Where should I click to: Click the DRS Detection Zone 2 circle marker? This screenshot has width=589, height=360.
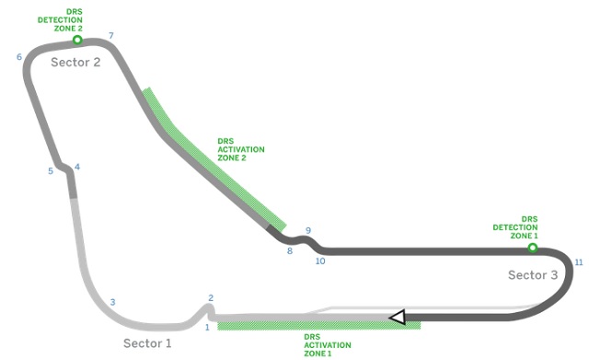coord(77,40)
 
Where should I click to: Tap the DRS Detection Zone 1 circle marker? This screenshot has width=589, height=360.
coord(532,248)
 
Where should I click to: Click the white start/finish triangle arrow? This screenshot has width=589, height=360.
coord(398,317)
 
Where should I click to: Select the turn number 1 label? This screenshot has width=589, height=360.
coord(207,328)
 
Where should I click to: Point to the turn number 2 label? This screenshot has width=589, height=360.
coord(211,298)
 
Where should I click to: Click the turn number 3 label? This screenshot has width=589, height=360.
coord(112,302)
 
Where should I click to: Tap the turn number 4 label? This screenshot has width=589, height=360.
coord(77,167)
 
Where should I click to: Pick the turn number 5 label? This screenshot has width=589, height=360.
coord(51,171)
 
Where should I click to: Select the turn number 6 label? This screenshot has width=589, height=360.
coord(19,57)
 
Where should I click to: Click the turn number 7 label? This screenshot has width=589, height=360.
coord(111,36)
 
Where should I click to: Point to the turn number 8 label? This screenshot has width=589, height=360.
coord(290,251)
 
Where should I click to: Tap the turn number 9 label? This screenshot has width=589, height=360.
coord(308,231)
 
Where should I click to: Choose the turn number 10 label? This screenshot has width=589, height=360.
coord(320,261)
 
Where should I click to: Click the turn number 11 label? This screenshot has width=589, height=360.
coord(579,262)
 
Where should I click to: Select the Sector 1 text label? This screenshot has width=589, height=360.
coord(147,343)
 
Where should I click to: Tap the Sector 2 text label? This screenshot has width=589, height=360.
coord(75,62)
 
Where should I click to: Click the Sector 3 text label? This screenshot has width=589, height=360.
coord(533,275)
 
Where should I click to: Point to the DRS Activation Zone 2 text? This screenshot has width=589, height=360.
coord(241,149)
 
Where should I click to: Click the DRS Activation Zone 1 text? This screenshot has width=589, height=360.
coord(328,345)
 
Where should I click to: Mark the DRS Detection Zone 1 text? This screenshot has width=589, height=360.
coord(515,227)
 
